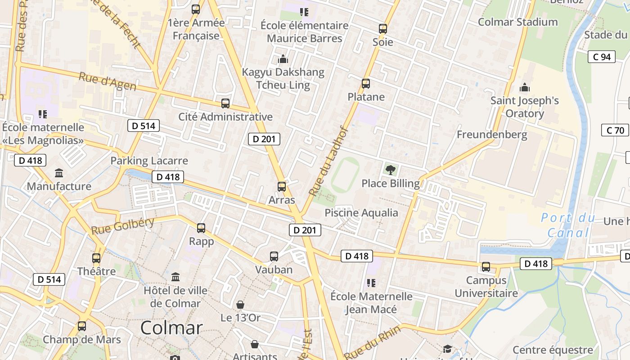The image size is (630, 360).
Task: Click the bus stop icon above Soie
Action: point(383,29)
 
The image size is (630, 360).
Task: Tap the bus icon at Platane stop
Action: point(366,83)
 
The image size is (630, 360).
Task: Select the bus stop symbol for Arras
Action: point(282,186)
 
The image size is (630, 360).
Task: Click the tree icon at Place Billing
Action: point(391,170)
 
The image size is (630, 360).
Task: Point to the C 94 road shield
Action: point(602,57)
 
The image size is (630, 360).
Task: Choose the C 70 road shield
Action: point(615,130)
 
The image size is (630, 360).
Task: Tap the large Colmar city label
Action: point(171,328)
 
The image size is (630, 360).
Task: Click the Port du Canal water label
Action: point(568,225)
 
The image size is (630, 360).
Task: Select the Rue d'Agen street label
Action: point(107,81)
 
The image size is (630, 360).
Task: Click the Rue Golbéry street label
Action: point(122,225)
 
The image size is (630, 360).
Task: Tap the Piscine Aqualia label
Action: point(361,212)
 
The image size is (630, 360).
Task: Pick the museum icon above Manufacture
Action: point(59,173)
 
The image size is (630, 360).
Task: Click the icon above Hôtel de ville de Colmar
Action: point(175,276)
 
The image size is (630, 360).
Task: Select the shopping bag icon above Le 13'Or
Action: point(240,305)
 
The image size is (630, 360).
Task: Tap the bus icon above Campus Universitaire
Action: point(486,266)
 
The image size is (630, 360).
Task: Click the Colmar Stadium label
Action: point(517,22)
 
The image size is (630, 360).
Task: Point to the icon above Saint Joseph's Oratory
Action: point(525,87)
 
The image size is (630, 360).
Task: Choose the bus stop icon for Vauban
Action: point(274,256)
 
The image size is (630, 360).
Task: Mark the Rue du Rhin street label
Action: point(372,341)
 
